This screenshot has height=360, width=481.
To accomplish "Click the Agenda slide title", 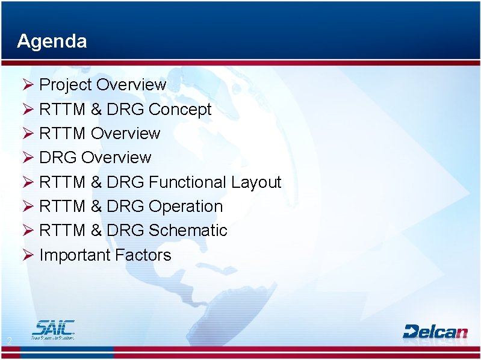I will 52,41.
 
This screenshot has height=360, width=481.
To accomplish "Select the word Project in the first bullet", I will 65,85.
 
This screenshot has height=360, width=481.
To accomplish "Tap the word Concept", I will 180,110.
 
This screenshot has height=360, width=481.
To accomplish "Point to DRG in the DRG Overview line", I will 58,158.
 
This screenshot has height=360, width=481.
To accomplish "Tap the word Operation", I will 185,206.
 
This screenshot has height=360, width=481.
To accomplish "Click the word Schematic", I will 188,231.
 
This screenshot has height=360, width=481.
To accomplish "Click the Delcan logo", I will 435,331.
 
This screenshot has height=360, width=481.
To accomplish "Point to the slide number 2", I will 9,342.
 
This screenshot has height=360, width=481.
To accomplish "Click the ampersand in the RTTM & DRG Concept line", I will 96,110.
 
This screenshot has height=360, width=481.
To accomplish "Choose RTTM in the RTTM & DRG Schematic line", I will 62,231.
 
